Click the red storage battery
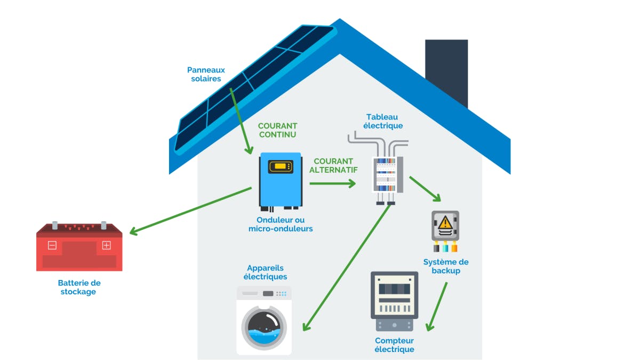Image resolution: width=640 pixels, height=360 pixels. (x=79, y=247)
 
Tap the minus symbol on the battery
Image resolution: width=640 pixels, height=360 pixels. (x=52, y=245)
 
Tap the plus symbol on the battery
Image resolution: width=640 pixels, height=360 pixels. (x=106, y=245)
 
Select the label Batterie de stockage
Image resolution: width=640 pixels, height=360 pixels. (x=79, y=287)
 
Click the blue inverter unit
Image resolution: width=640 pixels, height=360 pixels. (x=281, y=180)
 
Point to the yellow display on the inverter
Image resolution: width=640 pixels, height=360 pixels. (x=281, y=166)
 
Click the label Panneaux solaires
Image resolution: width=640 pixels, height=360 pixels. (x=206, y=74)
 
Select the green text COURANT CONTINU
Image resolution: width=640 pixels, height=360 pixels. (x=277, y=130)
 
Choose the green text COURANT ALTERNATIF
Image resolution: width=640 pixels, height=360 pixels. (x=333, y=165)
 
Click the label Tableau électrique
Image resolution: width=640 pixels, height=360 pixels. (x=382, y=121)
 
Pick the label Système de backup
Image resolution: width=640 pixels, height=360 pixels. (x=446, y=266)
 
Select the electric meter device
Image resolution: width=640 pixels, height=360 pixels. (x=394, y=301)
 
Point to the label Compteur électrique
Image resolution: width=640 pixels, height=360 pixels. (x=394, y=345)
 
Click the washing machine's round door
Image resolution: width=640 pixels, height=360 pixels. (x=264, y=327)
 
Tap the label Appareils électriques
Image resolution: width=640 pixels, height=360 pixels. (x=265, y=272)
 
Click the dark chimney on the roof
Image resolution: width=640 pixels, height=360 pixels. (x=446, y=72)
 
